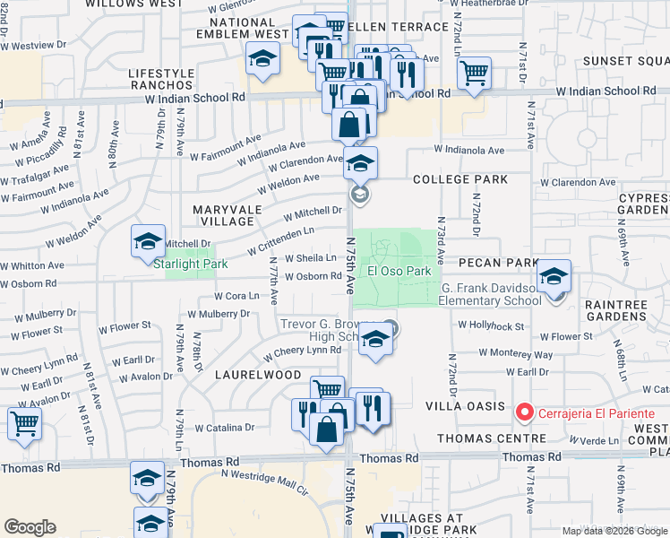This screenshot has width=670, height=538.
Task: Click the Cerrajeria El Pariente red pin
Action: pyautogui.click(x=525, y=412)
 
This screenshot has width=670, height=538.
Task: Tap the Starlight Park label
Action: pyautogui.click(x=191, y=264)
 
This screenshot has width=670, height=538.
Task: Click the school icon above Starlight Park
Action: pyautogui.click(x=149, y=240)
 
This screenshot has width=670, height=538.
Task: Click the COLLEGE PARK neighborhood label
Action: pyautogui.click(x=460, y=179)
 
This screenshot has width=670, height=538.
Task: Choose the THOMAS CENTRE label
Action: pyautogui.click(x=492, y=438)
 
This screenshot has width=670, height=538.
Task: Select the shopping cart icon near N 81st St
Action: pyautogui.click(x=24, y=423)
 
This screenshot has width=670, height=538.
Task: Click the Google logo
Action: pyautogui.click(x=30, y=527)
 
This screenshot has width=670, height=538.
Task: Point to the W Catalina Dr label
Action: pyautogui.click(x=225, y=428)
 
